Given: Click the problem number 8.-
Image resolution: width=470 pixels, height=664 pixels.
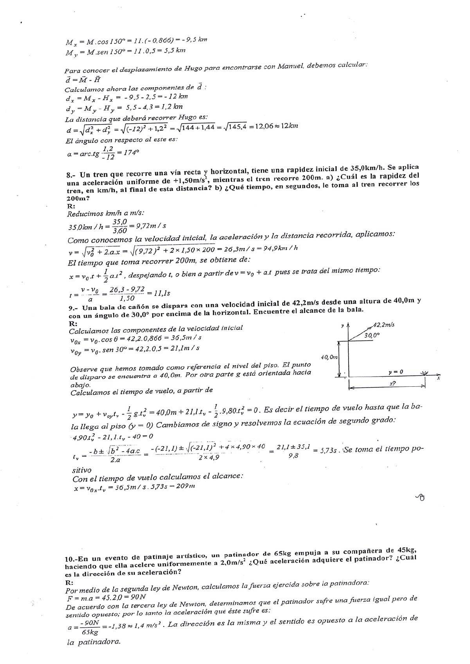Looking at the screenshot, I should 72,175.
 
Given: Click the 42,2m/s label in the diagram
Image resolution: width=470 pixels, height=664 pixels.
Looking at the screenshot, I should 383,325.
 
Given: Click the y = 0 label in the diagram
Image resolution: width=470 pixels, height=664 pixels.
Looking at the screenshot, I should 395,372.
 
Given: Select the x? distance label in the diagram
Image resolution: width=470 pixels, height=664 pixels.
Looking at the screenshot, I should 393,384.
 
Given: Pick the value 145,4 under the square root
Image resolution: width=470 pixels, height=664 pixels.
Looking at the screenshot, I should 235,127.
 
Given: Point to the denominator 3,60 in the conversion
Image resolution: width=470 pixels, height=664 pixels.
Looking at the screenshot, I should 119,230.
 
